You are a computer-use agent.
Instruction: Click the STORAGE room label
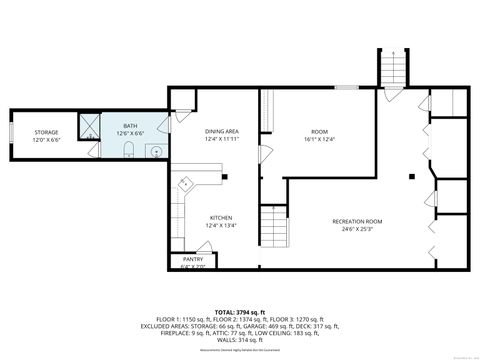[46, 132]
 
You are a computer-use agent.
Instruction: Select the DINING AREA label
[221, 131]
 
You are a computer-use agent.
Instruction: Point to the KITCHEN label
[221, 218]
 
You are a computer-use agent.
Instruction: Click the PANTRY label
[192, 259]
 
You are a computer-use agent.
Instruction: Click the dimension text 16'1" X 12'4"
[320, 138]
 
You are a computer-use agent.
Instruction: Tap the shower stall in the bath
[90, 126]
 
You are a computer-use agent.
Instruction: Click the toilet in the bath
[130, 150]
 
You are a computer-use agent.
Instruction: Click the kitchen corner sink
[185, 183]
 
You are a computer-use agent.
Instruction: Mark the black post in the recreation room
[412, 177]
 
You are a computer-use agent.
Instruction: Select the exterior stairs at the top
[392, 68]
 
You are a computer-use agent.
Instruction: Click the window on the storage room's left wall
[11, 133]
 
